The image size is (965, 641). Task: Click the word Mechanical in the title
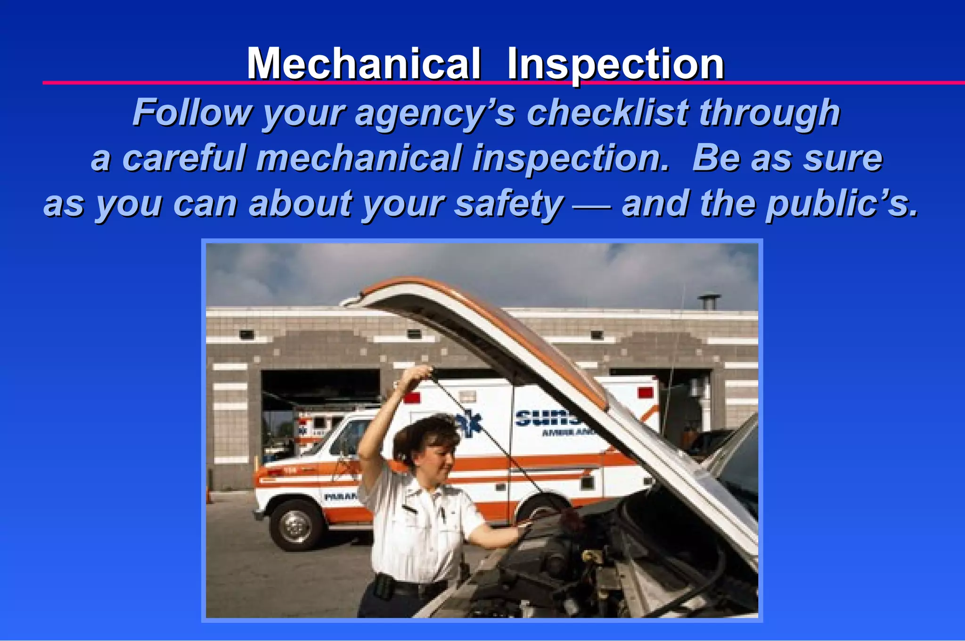(x=364, y=64)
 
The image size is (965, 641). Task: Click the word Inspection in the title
(x=615, y=65)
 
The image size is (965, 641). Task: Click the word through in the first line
(x=769, y=113)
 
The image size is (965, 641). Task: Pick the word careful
(x=184, y=158)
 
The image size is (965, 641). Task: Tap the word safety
(x=508, y=204)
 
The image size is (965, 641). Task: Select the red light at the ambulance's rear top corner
(x=645, y=393)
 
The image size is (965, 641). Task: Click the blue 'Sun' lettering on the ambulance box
(x=547, y=418)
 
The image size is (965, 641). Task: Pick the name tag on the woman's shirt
(x=409, y=510)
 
